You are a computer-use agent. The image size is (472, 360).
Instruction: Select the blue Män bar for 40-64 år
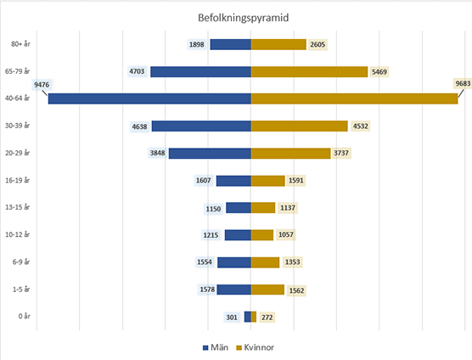pos(149,98)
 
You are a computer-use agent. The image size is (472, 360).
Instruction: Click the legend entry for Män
pos(216,347)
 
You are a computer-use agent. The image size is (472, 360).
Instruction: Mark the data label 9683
pos(464,84)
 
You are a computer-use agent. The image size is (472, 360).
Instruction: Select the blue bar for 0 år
pos(247,317)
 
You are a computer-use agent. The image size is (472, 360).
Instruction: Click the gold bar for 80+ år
pos(278,44)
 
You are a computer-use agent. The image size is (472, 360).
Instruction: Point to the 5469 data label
pos(381,72)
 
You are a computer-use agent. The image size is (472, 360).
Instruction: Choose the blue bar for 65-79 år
pos(200,71)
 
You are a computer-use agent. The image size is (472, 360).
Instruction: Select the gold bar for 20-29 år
pos(290,153)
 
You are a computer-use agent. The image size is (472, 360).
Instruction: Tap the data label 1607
pos(203,181)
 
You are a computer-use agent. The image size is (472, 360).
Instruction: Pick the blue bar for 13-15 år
pos(238,208)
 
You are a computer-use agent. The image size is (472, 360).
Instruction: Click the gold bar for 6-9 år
pos(265,262)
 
